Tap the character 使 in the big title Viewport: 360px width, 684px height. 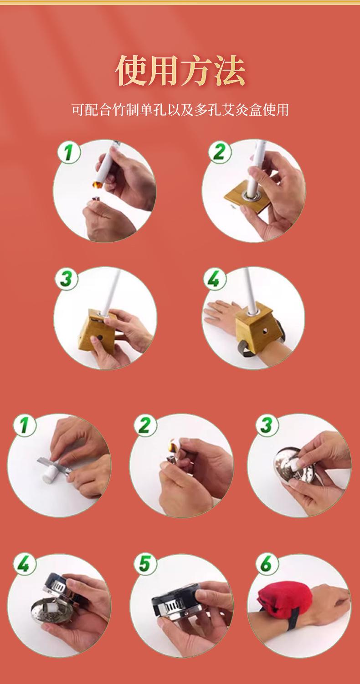[x=131, y=71]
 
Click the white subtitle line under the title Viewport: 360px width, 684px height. [x=180, y=110]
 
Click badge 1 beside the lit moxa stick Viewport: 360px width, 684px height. [x=69, y=152]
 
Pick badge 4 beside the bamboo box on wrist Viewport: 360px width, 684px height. [x=215, y=279]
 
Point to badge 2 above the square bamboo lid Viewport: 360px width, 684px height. [x=220, y=152]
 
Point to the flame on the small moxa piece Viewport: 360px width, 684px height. [x=173, y=445]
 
